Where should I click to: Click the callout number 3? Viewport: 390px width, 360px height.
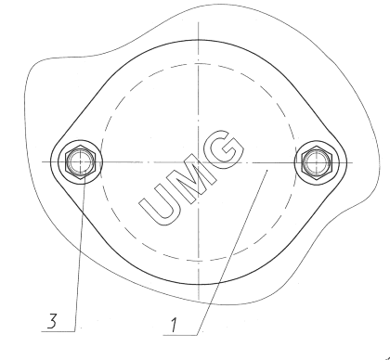(x=52, y=321)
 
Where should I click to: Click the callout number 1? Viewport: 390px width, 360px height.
(x=174, y=325)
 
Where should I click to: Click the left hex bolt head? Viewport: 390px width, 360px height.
(x=81, y=162)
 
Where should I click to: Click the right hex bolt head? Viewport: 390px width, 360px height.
(x=316, y=162)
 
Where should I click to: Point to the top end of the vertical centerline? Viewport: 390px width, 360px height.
(x=198, y=22)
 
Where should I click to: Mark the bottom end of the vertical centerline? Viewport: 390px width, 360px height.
(x=198, y=300)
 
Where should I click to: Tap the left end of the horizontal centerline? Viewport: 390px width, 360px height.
(x=42, y=161)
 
